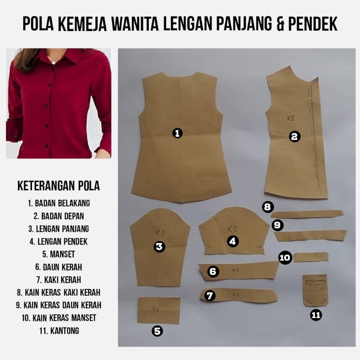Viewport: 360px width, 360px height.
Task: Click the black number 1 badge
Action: point(177,133)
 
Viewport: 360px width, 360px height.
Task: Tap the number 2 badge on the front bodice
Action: point(294,137)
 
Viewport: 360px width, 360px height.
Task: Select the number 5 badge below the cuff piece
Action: point(157,331)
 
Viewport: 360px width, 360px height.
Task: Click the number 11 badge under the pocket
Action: point(316,315)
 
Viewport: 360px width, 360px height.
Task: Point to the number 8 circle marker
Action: point(268,207)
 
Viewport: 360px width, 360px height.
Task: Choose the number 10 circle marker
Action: point(285,257)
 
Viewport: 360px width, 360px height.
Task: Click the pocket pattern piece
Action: point(315,290)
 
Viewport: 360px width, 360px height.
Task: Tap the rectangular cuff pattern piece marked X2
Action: point(159,310)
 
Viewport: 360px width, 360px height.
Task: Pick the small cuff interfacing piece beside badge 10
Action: point(311,257)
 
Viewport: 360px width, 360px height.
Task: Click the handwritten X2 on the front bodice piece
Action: point(291,118)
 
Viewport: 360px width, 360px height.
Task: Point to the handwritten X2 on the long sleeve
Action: point(160,233)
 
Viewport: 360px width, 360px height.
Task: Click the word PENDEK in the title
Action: point(312,23)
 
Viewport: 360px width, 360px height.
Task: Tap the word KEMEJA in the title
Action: point(82,23)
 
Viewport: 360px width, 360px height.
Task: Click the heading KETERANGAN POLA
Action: point(58,186)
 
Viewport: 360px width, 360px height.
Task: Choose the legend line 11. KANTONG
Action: point(59,331)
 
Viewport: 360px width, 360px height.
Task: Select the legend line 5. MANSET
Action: point(58,254)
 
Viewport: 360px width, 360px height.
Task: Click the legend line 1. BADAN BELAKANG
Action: point(59,203)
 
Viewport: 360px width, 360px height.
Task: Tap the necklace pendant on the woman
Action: point(53,62)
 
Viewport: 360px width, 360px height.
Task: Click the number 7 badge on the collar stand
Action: point(210,296)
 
